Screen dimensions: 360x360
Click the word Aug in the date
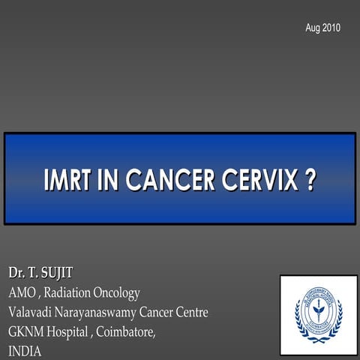(313, 28)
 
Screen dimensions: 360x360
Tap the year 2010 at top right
(331, 28)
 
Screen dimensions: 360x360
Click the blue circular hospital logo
(318, 313)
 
